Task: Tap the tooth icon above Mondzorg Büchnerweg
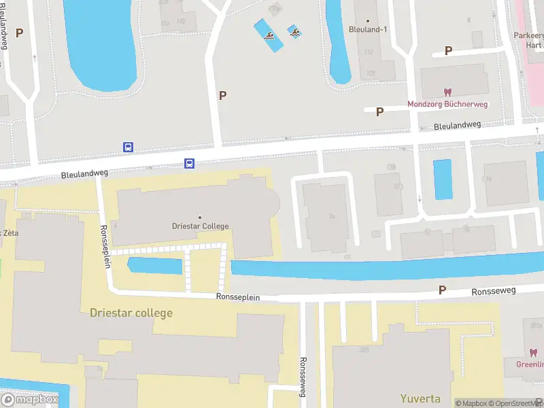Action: pyautogui.click(x=447, y=92)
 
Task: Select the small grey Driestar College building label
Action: pyautogui.click(x=199, y=226)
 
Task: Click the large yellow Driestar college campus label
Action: pyautogui.click(x=131, y=313)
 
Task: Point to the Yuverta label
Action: pyautogui.click(x=420, y=399)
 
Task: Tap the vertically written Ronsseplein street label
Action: pyautogui.click(x=105, y=246)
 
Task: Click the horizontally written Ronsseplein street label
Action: pyautogui.click(x=238, y=297)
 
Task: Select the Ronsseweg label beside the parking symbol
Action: pyautogui.click(x=494, y=291)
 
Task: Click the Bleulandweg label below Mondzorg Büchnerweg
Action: pyautogui.click(x=457, y=125)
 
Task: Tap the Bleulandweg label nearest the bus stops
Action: pyautogui.click(x=85, y=175)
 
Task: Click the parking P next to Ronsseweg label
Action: pyautogui.click(x=442, y=290)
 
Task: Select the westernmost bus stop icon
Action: pyautogui.click(x=128, y=147)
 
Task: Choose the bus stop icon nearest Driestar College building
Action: pyautogui.click(x=190, y=163)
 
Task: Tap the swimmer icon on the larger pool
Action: pyautogui.click(x=270, y=37)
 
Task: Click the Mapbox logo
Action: pyautogui.click(x=30, y=400)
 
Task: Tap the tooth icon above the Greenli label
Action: pyautogui.click(x=532, y=353)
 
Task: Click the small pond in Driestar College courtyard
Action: pyautogui.click(x=155, y=266)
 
